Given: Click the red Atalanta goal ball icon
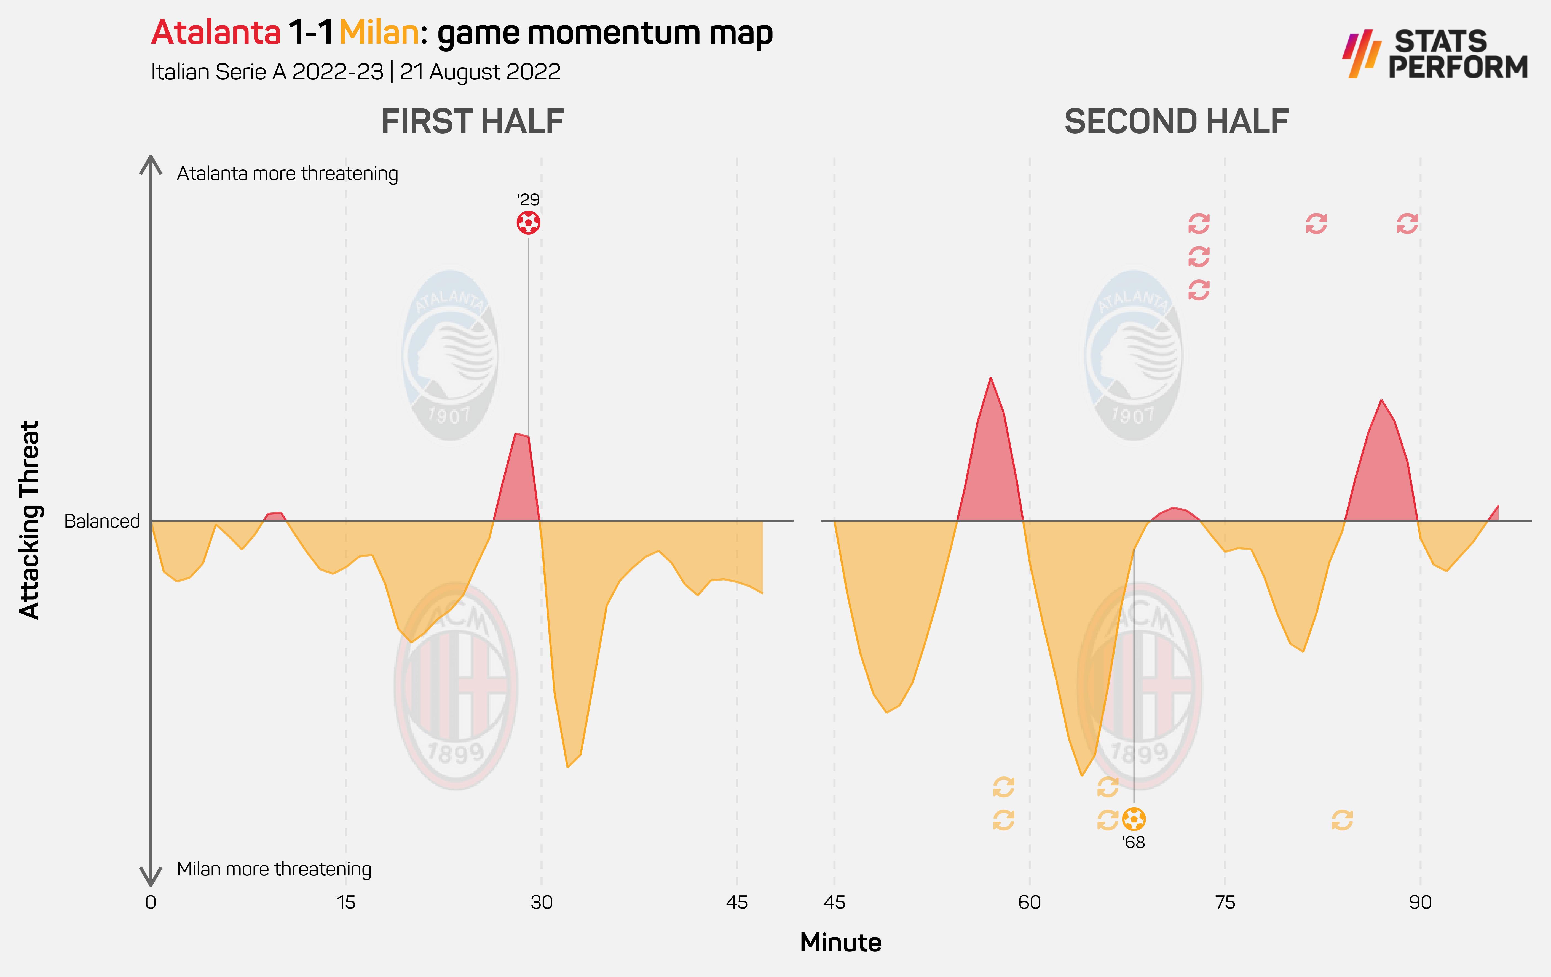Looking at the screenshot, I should [x=528, y=223].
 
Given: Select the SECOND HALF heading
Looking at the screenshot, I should [x=1176, y=122].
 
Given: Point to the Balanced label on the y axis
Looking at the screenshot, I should [x=102, y=521].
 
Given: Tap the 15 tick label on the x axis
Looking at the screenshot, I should [x=346, y=902].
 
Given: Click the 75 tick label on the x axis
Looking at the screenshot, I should [x=1225, y=902].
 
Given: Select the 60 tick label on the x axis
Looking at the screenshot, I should [x=1029, y=902].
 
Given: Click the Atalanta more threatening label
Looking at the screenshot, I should [x=287, y=173].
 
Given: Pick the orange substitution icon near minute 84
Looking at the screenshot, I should [x=1342, y=820].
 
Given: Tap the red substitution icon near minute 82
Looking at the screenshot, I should [x=1316, y=224].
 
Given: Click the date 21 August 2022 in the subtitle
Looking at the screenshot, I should [x=480, y=71].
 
